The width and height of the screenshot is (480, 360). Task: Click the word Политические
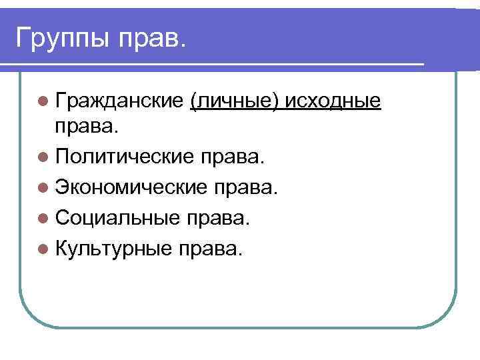(124, 159)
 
